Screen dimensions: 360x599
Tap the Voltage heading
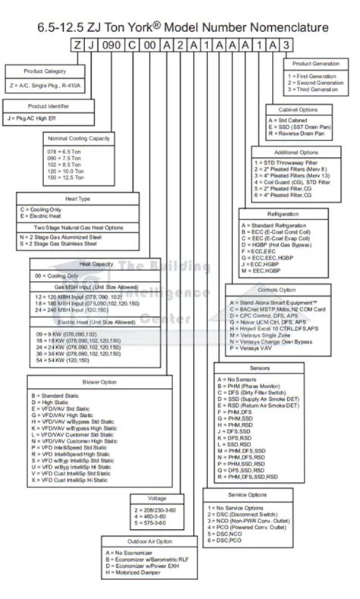coord(158,499)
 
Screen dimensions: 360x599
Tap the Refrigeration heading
coord(277,215)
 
